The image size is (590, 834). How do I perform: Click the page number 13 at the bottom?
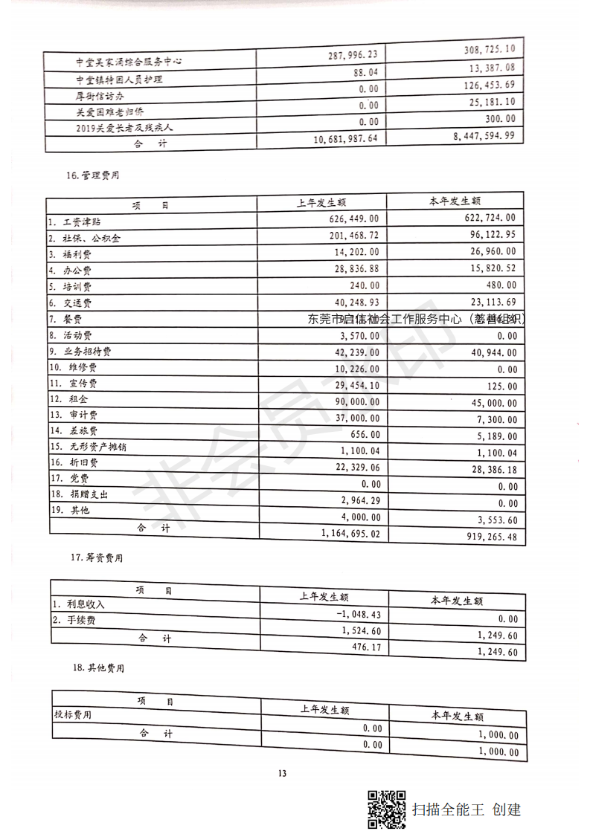[282, 773]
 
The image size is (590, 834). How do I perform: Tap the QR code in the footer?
[387, 809]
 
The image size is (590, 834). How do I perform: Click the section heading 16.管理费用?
[93, 176]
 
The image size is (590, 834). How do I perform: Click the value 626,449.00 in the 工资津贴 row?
[353, 219]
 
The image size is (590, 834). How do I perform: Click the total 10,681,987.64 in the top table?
[336, 139]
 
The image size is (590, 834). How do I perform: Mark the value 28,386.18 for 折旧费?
[487, 471]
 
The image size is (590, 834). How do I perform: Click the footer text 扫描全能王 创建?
[467, 809]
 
